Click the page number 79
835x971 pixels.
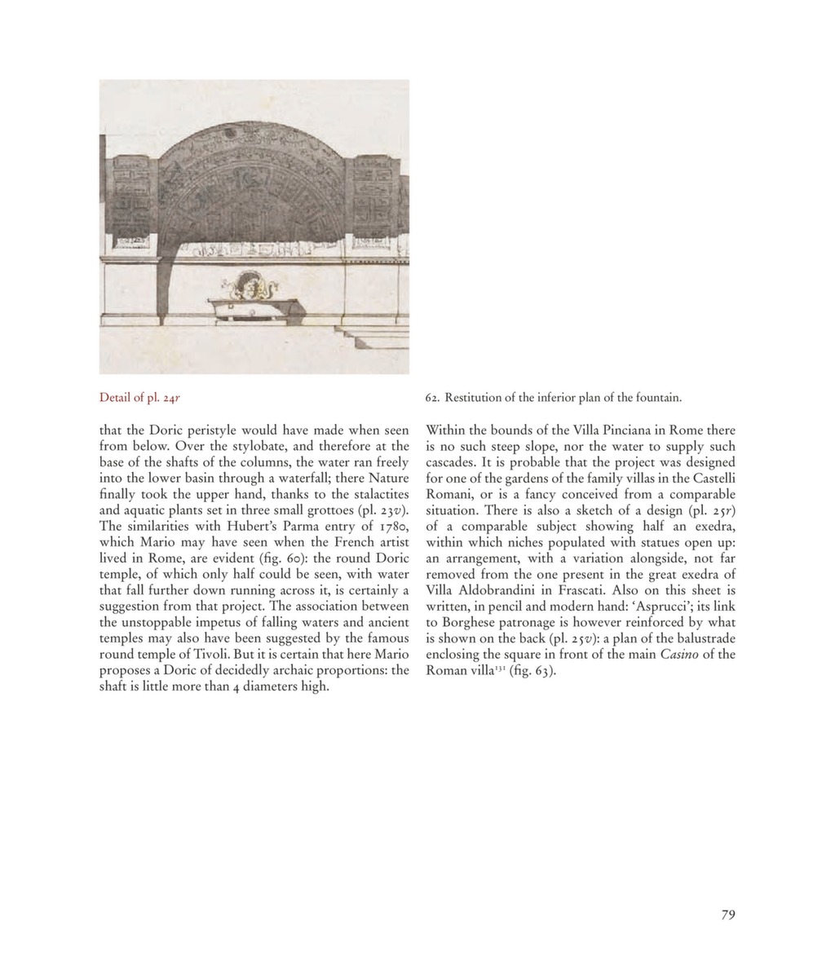(x=728, y=915)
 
